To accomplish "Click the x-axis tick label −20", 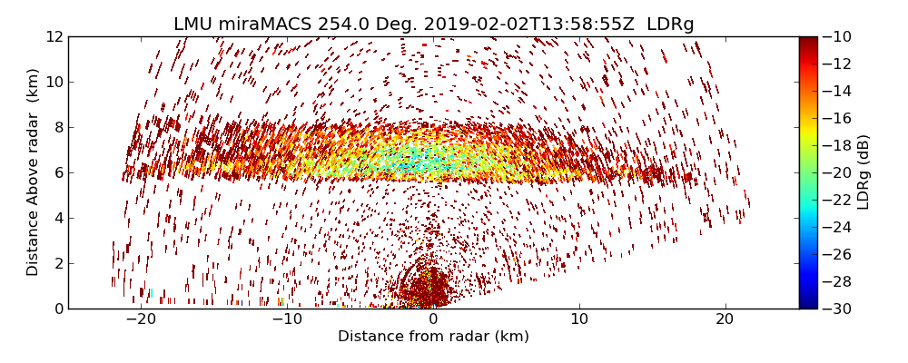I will tap(141, 319).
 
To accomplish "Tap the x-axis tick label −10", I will tap(287, 319).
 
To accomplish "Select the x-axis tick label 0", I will tap(433, 319).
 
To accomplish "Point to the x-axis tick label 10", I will tap(579, 319).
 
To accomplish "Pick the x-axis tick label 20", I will tap(725, 319).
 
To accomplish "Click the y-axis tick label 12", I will tap(54, 36).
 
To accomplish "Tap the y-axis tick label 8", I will tap(58, 127).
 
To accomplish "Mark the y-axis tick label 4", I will tap(58, 218).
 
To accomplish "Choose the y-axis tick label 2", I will tap(58, 263).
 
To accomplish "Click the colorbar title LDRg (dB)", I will tap(864, 172).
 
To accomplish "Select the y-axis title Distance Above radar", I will tap(34, 172).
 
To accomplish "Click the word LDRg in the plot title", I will tap(670, 25).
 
